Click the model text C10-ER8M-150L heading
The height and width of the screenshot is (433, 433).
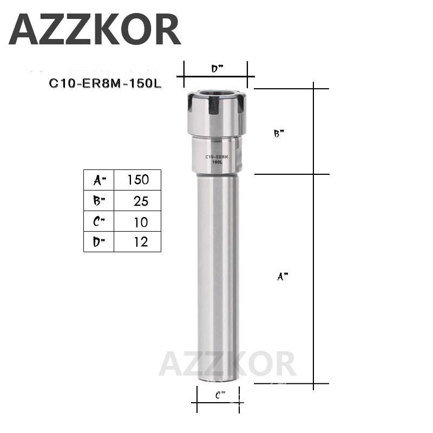(x=105, y=83)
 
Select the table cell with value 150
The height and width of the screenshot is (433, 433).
(x=137, y=180)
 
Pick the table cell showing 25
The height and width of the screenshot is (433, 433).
(x=140, y=201)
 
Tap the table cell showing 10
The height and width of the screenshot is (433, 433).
(x=140, y=221)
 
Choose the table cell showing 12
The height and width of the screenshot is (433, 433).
(x=140, y=242)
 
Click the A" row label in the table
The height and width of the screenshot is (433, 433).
(x=99, y=180)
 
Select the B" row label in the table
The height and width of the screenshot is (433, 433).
(x=99, y=201)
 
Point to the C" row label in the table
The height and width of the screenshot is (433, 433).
(x=99, y=221)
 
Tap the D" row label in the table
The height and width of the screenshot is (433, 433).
(x=99, y=242)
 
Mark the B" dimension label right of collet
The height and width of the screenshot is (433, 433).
(x=279, y=134)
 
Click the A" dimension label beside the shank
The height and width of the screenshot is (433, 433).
(x=283, y=277)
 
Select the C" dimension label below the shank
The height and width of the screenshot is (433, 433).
(x=220, y=395)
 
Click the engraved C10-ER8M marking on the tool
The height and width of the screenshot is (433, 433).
(x=217, y=157)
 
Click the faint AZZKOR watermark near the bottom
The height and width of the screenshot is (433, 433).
(x=227, y=364)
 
